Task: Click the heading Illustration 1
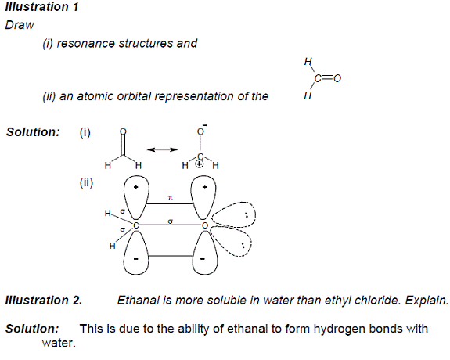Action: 42,7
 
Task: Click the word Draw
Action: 20,25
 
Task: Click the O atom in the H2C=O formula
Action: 337,78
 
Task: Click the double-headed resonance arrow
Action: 163,149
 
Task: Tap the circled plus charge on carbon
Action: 199,164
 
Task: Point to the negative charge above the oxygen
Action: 204,125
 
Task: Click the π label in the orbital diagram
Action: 171,198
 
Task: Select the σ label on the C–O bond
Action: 170,221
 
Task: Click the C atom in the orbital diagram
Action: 135,225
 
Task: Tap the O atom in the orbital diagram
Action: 204,225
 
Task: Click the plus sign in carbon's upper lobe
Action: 135,188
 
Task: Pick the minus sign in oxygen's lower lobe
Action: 203,259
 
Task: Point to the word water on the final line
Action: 59,343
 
